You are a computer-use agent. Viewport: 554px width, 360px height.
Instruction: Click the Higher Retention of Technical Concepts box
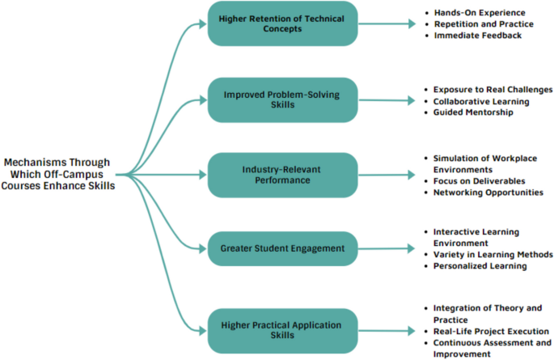(x=281, y=24)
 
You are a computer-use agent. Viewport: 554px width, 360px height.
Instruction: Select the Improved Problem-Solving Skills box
(x=281, y=100)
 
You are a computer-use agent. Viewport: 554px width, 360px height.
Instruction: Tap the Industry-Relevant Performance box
(x=281, y=175)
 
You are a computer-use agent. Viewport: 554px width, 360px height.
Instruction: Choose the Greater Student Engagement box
(x=281, y=249)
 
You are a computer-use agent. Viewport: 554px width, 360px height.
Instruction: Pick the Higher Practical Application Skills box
(x=281, y=330)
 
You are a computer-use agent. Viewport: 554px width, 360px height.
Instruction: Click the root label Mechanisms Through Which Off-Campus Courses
(x=56, y=174)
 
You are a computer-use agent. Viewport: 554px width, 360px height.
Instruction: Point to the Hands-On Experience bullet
(x=480, y=13)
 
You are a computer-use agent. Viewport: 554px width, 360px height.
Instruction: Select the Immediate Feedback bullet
(x=478, y=36)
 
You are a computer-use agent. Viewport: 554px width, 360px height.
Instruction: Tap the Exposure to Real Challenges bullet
(x=492, y=89)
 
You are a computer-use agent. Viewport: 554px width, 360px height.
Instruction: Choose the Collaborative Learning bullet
(x=481, y=101)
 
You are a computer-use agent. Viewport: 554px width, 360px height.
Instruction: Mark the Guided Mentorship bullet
(x=473, y=112)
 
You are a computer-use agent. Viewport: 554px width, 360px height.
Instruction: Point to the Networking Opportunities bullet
(x=488, y=193)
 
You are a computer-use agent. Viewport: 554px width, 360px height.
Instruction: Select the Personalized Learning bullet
(x=480, y=266)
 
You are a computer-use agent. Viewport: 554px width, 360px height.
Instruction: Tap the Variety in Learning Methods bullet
(x=493, y=255)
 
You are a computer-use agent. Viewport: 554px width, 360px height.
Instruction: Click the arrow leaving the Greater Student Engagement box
(x=385, y=249)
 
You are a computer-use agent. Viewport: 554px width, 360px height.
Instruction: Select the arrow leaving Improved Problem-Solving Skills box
(x=385, y=100)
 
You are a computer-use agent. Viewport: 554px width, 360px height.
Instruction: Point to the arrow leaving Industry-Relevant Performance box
(x=385, y=175)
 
